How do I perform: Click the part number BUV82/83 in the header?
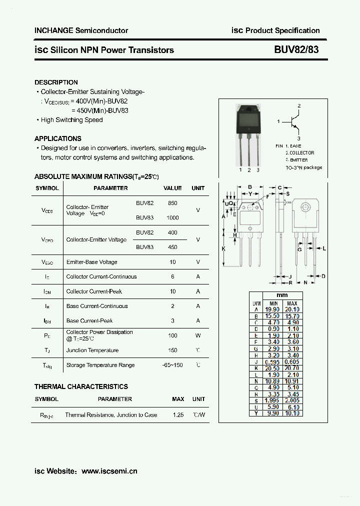tap(296, 50)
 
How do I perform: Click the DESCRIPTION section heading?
tap(56, 82)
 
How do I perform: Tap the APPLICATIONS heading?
tap(58, 138)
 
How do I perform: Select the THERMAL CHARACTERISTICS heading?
tap(81, 386)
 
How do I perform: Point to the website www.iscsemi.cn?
tap(109, 471)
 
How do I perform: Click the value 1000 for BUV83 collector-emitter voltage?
tap(173, 218)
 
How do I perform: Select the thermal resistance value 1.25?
tap(178, 415)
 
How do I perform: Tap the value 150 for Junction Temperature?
tap(173, 350)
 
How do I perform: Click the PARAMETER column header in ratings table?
tap(110, 188)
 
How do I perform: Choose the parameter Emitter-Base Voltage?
tap(91, 262)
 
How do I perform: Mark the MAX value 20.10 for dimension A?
tap(292, 310)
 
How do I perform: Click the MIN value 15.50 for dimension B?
tap(273, 316)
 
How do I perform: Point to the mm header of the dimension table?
tap(282, 295)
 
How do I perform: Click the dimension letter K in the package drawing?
tap(224, 248)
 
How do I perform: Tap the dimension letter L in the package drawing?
tap(324, 248)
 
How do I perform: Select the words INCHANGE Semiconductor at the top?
tap(81, 30)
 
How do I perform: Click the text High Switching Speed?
tap(71, 120)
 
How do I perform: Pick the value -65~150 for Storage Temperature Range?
tap(173, 365)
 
